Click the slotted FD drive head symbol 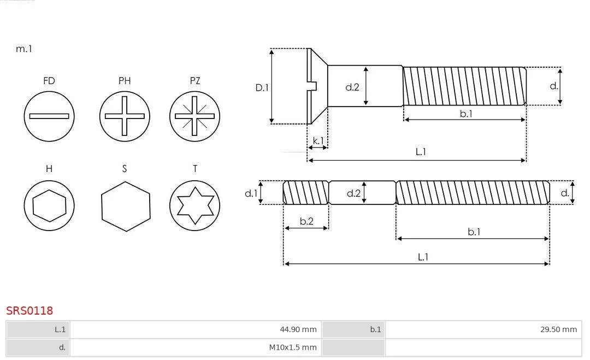[49, 116]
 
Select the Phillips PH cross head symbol [125, 116]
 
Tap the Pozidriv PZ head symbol [194, 116]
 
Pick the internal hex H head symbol [49, 206]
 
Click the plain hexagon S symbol [125, 206]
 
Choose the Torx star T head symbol [194, 206]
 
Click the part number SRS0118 [29, 311]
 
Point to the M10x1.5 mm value [292, 347]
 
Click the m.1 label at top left [24, 49]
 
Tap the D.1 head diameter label [262, 87]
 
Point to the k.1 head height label [317, 140]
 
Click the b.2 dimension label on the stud [306, 221]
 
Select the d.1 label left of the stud [250, 193]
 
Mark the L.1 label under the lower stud [422, 257]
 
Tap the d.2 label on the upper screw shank [352, 87]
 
